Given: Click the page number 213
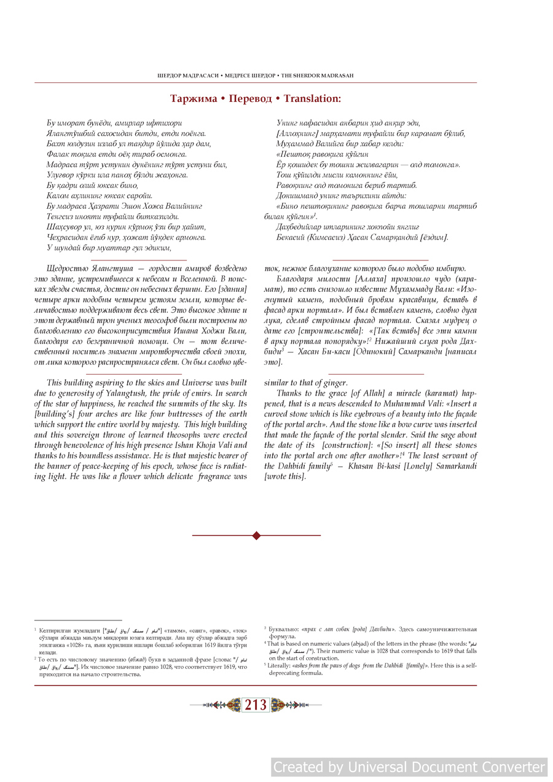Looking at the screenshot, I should [256, 705].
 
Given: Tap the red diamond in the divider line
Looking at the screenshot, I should [256, 536].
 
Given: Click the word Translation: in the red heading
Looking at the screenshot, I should [312, 98].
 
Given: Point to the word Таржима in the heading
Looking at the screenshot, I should [194, 98].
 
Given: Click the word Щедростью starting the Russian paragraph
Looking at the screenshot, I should [66, 268].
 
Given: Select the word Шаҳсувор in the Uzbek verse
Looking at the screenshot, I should [64, 227].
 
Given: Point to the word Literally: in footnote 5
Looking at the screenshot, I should [280, 665].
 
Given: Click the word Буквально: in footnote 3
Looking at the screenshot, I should [284, 629].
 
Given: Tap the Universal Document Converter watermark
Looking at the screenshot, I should [409, 767].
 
